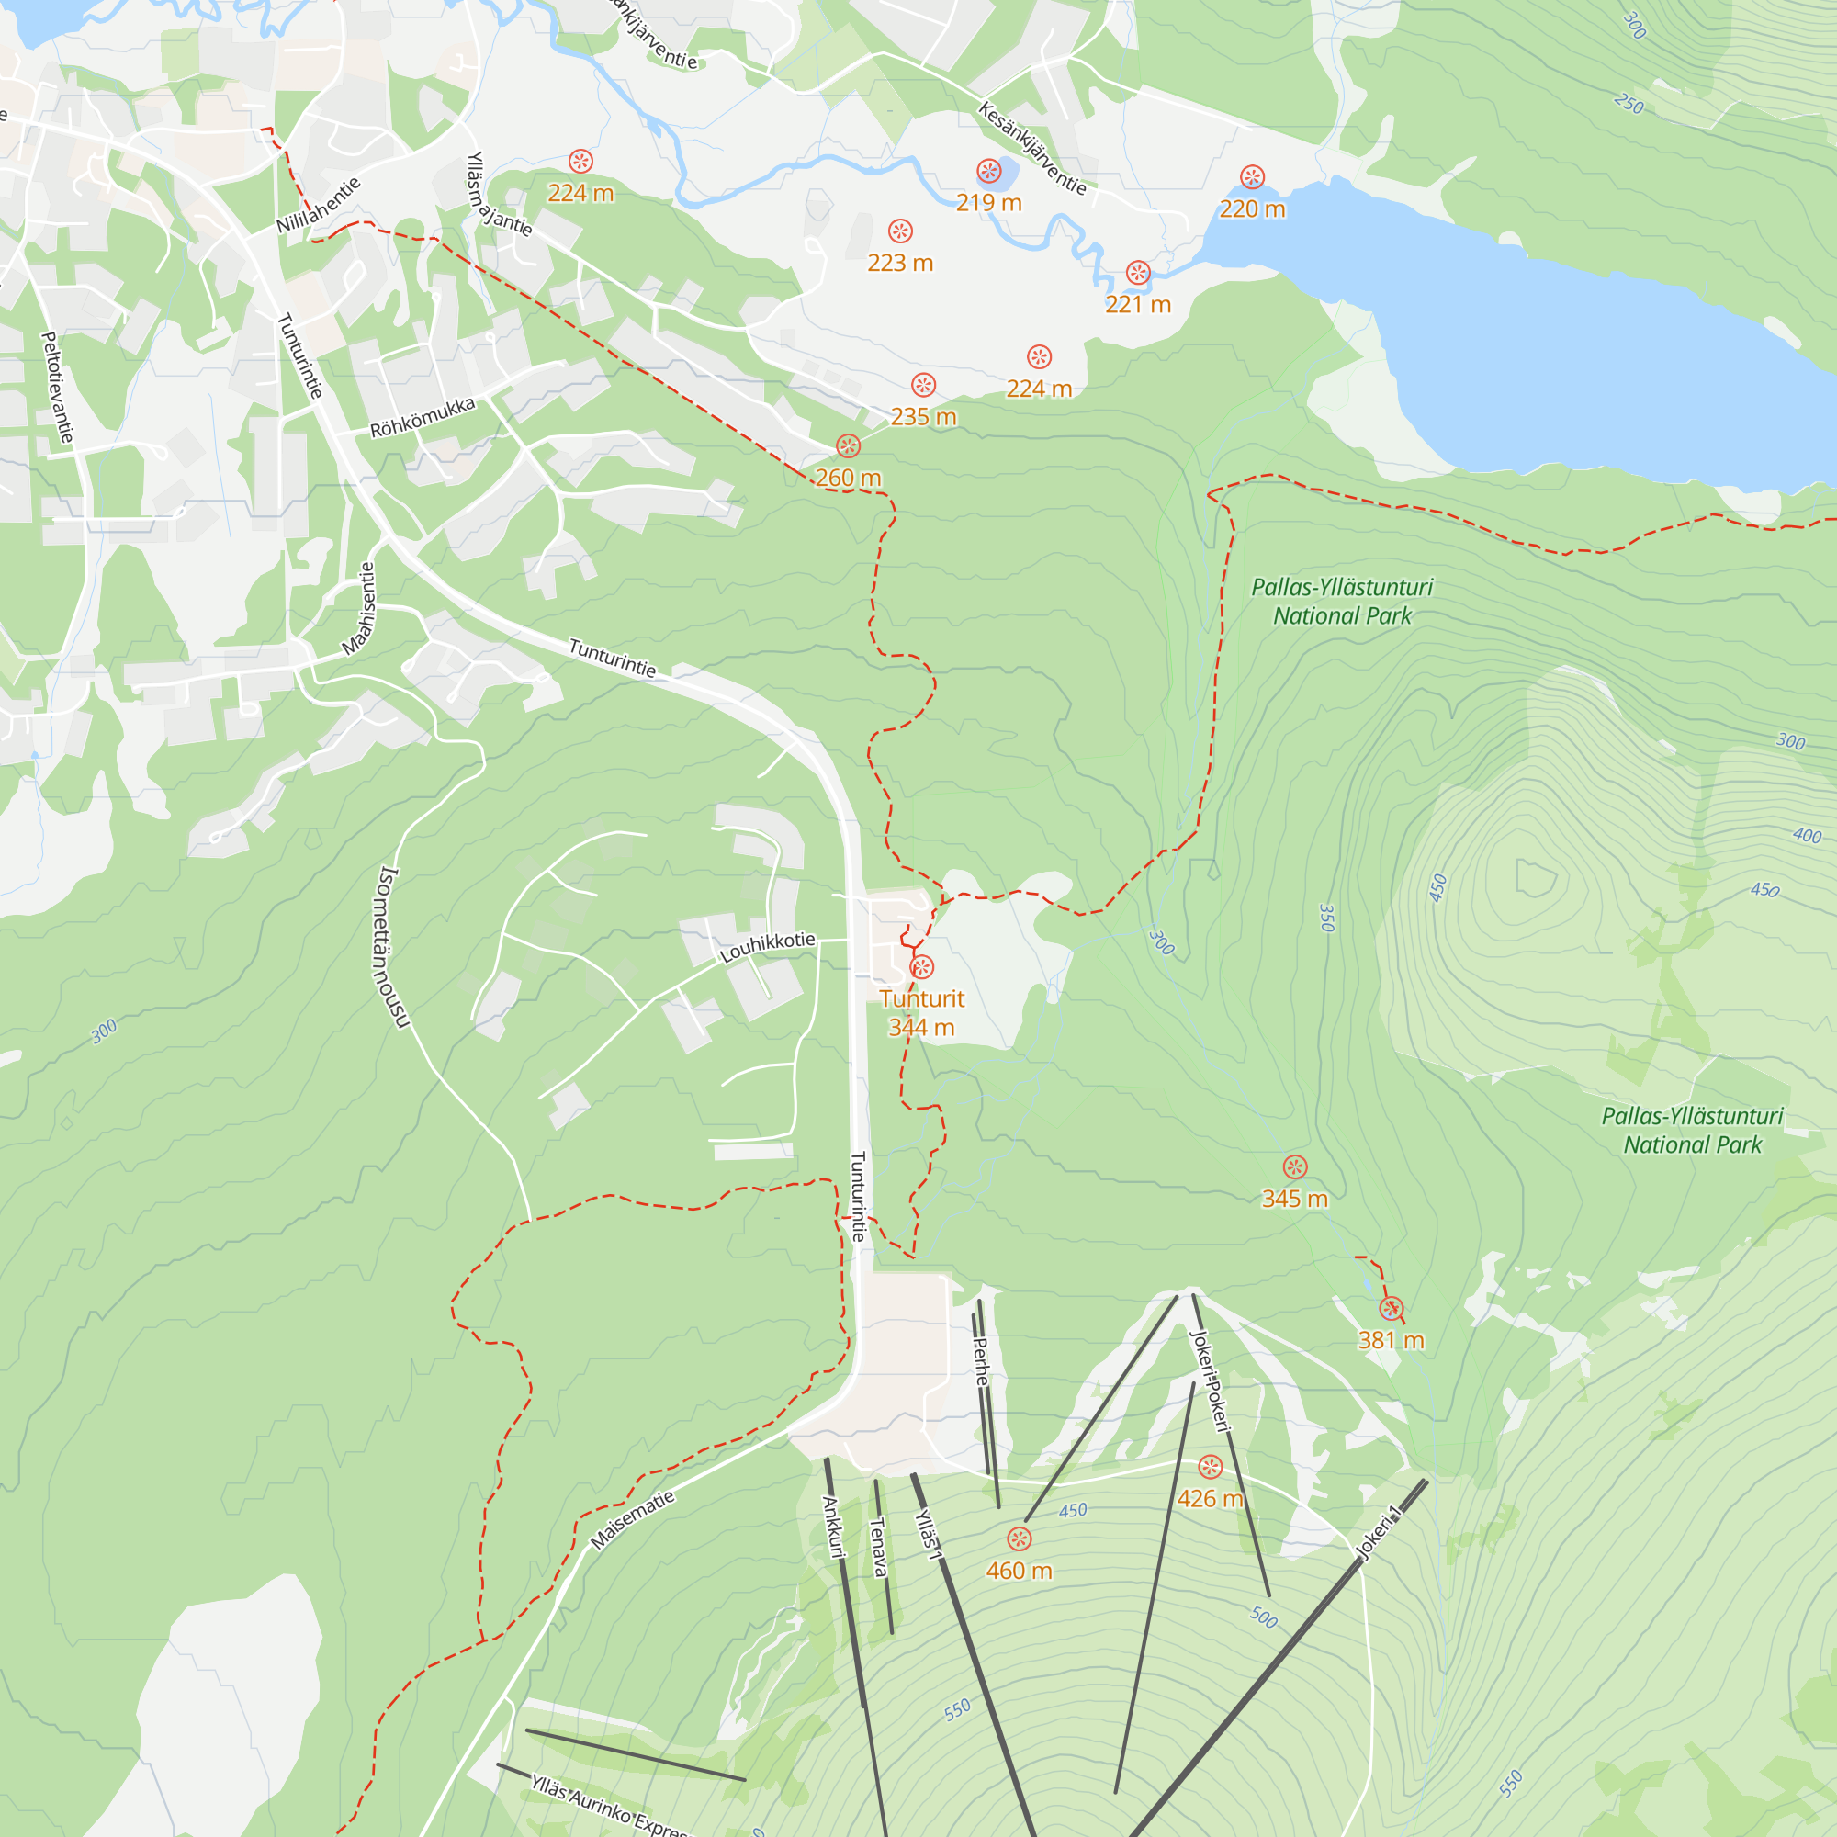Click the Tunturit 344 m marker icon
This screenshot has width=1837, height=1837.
coord(921,967)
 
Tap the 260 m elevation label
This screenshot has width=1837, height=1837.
coord(848,478)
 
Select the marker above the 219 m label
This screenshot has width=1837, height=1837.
coord(989,171)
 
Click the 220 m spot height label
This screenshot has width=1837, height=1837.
coord(1252,208)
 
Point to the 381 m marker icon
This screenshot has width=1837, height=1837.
coord(1391,1309)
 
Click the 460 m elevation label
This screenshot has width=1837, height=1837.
coord(1019,1570)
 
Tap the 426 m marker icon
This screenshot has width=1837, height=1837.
coord(1210,1466)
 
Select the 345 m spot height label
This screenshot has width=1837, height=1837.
coord(1294,1198)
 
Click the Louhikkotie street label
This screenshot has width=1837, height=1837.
coord(767,947)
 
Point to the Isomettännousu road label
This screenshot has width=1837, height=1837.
coord(394,947)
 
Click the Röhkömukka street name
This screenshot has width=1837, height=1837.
coord(423,417)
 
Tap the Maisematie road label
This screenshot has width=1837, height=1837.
coord(632,1519)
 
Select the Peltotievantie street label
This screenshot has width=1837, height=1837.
coord(57,387)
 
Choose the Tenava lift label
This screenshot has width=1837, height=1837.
coord(879,1547)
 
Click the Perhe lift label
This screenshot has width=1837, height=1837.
coord(981,1360)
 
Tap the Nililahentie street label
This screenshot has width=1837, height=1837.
coord(319,205)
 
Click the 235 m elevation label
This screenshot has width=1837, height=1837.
coord(923,416)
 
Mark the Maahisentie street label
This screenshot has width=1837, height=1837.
coord(359,609)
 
